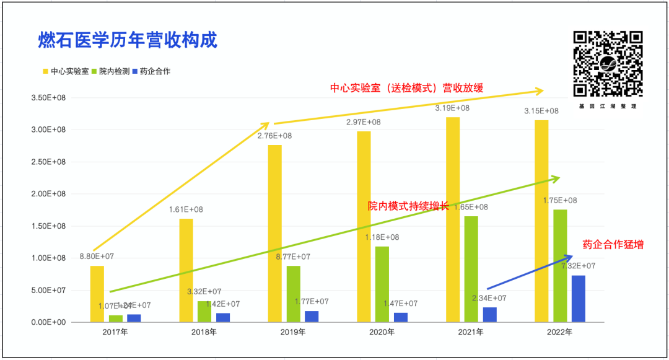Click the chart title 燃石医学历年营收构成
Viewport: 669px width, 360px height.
pos(128,41)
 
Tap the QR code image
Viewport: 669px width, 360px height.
pos(606,64)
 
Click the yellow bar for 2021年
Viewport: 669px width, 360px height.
pos(453,219)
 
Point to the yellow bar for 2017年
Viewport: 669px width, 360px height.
pos(97,294)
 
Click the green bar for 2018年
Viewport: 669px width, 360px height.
pos(204,311)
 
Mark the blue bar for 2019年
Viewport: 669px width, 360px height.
pos(312,316)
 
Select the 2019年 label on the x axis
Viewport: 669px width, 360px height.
pos(293,333)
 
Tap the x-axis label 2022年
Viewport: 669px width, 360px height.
pos(559,333)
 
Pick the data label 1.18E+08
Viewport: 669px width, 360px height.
pos(382,237)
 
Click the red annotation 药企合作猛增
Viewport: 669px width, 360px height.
pos(613,245)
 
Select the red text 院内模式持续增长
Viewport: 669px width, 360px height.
pos(408,206)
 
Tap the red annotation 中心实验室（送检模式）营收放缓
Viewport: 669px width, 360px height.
pos(406,88)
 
